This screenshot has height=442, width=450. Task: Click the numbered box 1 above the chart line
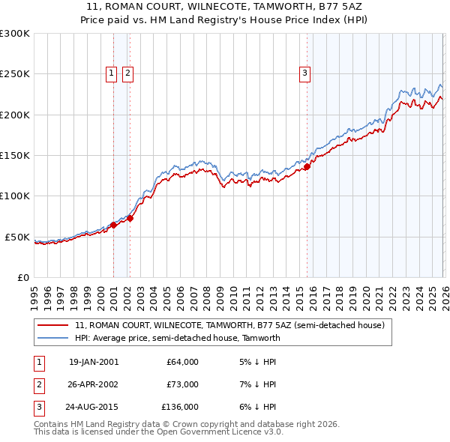pyautogui.click(x=111, y=73)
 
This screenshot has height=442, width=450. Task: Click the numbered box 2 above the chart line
pyautogui.click(x=128, y=73)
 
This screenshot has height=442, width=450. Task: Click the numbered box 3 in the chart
pyautogui.click(x=305, y=73)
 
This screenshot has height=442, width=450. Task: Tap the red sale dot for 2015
pyautogui.click(x=307, y=166)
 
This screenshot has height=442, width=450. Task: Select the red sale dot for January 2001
pyautogui.click(x=113, y=225)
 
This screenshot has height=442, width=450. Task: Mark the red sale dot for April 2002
pyautogui.click(x=130, y=218)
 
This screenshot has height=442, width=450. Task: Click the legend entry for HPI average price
pyautogui.click(x=177, y=338)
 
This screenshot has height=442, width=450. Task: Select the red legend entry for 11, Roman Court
pyautogui.click(x=229, y=325)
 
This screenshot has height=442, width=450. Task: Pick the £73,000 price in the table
pyautogui.click(x=182, y=384)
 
